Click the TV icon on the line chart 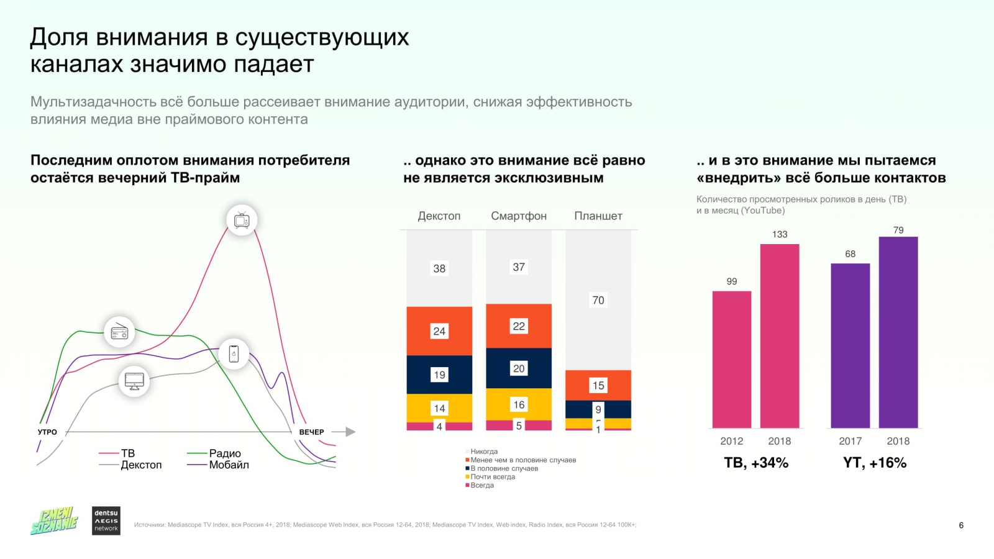click(x=242, y=220)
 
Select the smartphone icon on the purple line click(x=234, y=354)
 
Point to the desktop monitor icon click(x=134, y=380)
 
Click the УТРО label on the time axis click(x=47, y=432)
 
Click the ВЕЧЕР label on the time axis click(x=311, y=432)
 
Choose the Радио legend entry click(x=224, y=453)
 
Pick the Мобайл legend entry click(x=229, y=465)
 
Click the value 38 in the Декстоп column click(x=439, y=268)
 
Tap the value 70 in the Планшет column click(x=598, y=300)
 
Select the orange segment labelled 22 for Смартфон click(x=519, y=326)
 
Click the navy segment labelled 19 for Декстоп click(x=439, y=375)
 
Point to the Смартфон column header click(x=519, y=216)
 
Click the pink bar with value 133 click(x=780, y=335)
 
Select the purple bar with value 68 click(x=850, y=345)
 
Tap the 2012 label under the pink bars click(x=732, y=441)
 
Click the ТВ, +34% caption click(x=756, y=463)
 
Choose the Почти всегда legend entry click(x=492, y=477)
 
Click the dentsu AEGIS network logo click(x=106, y=520)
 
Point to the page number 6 click(x=961, y=525)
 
